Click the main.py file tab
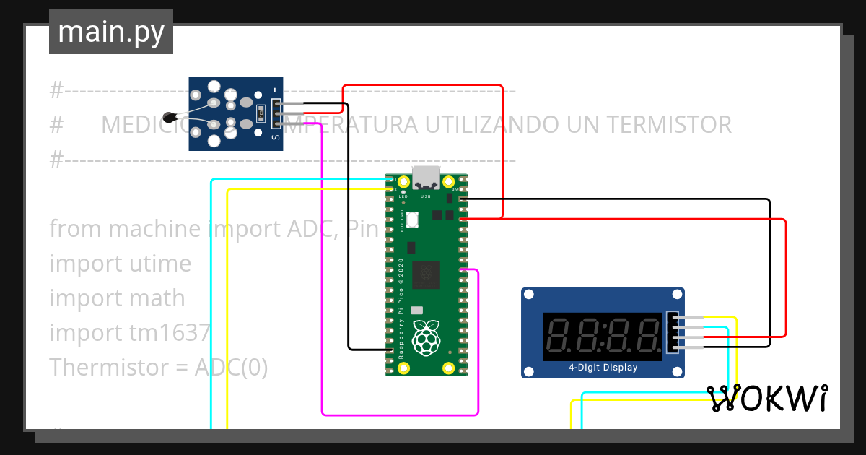point(111,32)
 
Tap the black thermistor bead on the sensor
point(170,116)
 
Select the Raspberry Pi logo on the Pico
point(426,337)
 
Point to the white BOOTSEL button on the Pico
point(413,219)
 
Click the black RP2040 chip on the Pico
point(426,274)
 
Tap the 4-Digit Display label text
point(603,368)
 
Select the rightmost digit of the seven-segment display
point(647,335)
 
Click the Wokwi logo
point(767,399)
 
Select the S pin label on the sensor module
point(274,136)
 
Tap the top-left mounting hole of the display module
point(529,295)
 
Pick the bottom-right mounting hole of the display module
point(677,371)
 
